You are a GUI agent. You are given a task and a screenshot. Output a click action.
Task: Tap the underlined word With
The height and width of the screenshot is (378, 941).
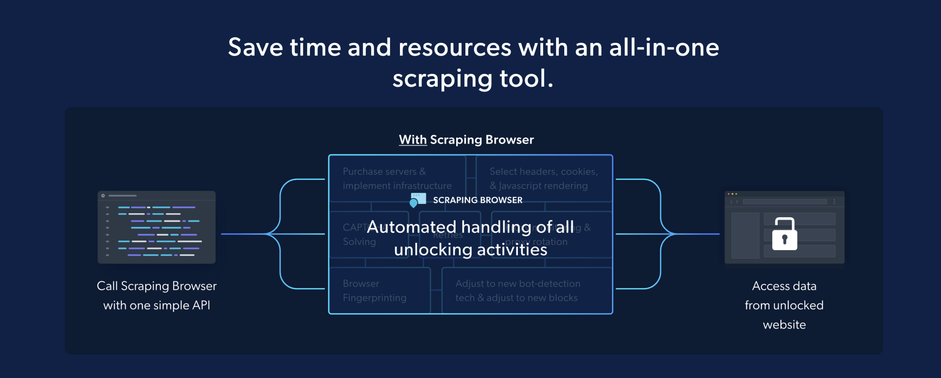(413, 140)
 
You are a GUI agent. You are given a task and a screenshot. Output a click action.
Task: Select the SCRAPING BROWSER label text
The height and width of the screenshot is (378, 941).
(477, 200)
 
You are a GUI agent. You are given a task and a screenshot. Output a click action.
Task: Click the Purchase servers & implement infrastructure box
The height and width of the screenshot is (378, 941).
(397, 179)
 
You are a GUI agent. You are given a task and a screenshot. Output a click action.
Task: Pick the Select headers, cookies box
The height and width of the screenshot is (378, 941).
(544, 179)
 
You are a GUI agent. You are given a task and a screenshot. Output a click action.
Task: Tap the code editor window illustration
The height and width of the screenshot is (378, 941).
(157, 227)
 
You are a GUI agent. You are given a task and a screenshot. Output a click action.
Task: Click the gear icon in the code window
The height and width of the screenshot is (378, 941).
(103, 196)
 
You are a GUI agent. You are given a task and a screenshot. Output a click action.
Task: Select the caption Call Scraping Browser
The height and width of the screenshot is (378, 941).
(157, 286)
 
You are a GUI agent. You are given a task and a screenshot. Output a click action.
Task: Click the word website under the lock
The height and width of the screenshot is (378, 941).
(784, 325)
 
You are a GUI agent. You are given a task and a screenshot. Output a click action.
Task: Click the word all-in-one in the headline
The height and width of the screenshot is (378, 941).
(664, 48)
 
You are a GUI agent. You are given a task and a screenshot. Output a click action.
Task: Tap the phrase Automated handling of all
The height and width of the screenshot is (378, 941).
(470, 227)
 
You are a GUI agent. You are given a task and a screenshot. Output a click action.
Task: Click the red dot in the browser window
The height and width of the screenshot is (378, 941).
(729, 194)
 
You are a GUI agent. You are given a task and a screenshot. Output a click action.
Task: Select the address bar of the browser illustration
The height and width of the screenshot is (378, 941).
(785, 202)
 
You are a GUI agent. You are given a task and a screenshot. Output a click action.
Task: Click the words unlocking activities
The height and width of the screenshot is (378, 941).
(470, 250)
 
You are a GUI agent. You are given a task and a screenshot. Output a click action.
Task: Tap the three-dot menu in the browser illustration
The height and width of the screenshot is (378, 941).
(834, 202)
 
